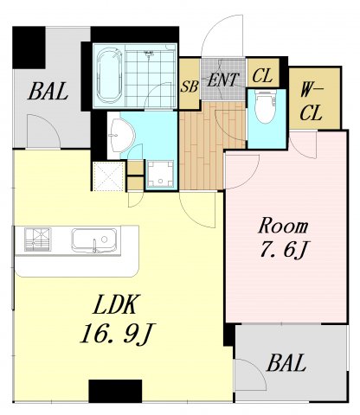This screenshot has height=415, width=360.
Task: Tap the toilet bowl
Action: pos(266,106)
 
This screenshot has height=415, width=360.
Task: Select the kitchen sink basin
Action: pos(94,240)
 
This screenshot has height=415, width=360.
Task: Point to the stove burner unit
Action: pos(37,239)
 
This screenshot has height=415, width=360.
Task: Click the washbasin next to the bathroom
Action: pos(121,136)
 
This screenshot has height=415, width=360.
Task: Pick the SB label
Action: pos(190,86)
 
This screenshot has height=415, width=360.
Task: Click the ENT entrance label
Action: pos(223,80)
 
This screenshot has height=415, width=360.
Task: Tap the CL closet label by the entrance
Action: pos(262,76)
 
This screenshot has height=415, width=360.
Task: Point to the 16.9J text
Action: pos(118,334)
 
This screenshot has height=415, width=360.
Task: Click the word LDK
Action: pos(115,304)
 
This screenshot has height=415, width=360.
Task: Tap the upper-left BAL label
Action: pos(48,91)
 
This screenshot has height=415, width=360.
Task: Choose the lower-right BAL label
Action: pos(286,363)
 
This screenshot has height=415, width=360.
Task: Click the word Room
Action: pos(283,227)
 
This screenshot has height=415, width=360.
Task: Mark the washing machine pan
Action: pos(160,175)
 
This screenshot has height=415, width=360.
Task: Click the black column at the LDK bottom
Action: pos(115,391)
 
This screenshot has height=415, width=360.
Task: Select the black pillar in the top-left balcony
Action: pos(29,48)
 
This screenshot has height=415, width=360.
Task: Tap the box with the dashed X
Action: pos(109,176)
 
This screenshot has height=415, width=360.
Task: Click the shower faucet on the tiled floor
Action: pos(149,54)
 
